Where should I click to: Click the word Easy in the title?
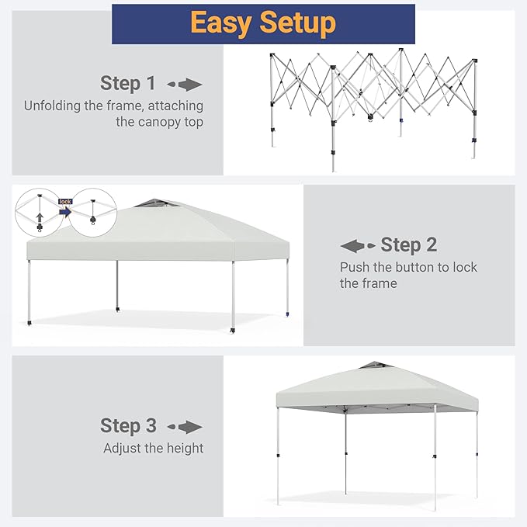221,23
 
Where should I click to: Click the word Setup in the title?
298,23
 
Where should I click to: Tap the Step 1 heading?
128,83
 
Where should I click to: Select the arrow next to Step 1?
185,85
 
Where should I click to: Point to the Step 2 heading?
409,244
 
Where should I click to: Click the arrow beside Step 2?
358,246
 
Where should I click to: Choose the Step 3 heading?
128,425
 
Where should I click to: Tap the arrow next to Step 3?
185,427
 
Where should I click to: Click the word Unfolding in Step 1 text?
52,106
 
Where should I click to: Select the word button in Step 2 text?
414,267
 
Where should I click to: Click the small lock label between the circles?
65,201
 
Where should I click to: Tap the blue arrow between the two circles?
65,212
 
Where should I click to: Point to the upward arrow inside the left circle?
40,217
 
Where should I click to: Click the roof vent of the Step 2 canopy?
155,203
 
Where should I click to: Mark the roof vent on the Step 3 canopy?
376,366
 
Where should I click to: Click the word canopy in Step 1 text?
158,122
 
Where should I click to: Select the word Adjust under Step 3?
123,449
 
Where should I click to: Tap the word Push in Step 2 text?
355,267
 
